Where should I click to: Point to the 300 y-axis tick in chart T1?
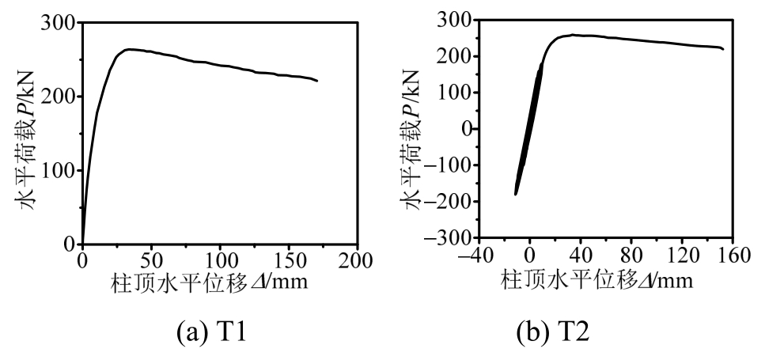[x=59, y=24]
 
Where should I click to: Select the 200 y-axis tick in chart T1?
[x=59, y=97]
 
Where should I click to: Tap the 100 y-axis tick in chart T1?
[x=59, y=170]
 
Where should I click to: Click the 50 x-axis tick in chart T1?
[x=151, y=260]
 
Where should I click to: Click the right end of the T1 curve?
[x=317, y=81]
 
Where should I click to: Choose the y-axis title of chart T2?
[x=413, y=131]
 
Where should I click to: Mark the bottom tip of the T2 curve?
[x=516, y=194]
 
